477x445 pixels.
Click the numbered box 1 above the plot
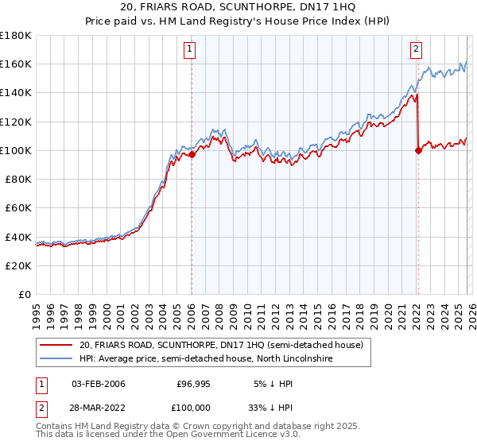coord(191,50)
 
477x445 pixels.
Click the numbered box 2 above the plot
coord(416,50)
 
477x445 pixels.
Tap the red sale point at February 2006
coord(192,155)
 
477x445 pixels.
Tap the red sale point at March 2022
coord(418,150)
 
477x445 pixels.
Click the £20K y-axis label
coord(19,265)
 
